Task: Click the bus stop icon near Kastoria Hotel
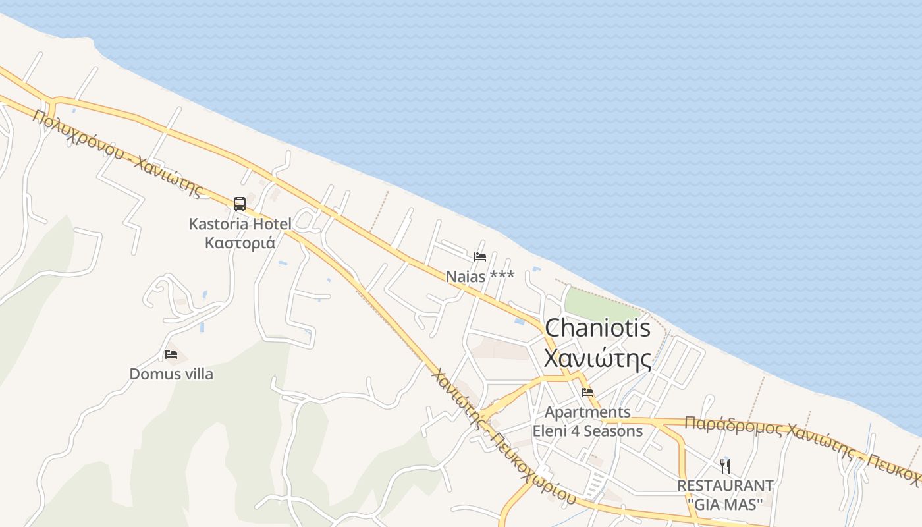[239, 204]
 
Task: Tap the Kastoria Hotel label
[240, 224]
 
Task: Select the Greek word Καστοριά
[240, 242]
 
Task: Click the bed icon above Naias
[480, 257]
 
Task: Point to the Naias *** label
[480, 277]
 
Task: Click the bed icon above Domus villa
[171, 354]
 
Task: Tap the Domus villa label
[171, 374]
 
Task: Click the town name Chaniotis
[598, 328]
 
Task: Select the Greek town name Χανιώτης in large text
[598, 359]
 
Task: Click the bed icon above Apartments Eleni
[587, 393]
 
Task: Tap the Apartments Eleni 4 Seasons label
[587, 422]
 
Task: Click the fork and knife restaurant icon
[725, 466]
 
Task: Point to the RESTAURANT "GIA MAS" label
[725, 495]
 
